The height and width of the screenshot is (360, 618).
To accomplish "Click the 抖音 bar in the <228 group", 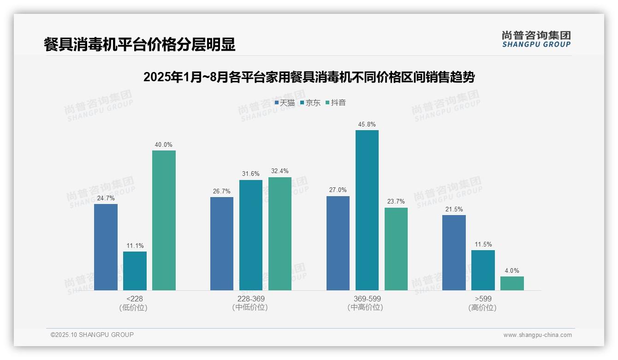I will coord(164,220).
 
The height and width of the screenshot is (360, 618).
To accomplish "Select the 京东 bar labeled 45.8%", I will coord(367,210).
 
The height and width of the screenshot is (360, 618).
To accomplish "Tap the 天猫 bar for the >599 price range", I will coord(454,252).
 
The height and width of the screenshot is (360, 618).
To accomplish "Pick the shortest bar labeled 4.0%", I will coord(512,283).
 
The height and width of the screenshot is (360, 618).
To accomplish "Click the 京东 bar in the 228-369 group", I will coord(250,235).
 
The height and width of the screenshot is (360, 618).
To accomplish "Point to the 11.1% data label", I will coord(135,246).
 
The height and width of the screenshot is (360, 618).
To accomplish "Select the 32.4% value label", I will coord(280,171).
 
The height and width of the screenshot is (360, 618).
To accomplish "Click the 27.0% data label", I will coord(338,190).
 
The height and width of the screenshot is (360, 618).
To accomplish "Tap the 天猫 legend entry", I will coord(285,103).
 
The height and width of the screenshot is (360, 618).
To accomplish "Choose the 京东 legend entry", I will coord(310,103).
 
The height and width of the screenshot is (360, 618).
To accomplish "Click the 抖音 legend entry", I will coord(336,103).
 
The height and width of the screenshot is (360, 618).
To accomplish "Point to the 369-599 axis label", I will coord(367,299).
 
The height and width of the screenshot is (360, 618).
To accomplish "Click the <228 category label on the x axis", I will coord(135,299).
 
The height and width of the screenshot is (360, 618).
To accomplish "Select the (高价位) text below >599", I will coord(483,307).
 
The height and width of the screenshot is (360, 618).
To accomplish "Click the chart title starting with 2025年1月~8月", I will coord(309,77).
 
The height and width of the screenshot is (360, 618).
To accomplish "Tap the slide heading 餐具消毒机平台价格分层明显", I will coord(139,44).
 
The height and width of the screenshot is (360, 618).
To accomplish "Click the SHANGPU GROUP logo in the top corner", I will coord(536,39).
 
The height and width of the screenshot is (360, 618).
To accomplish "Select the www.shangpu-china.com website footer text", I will coord(537,335).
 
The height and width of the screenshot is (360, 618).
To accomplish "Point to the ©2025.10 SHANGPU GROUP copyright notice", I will coord(92,335).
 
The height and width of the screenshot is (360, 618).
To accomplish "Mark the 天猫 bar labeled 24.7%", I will coord(106,247).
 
